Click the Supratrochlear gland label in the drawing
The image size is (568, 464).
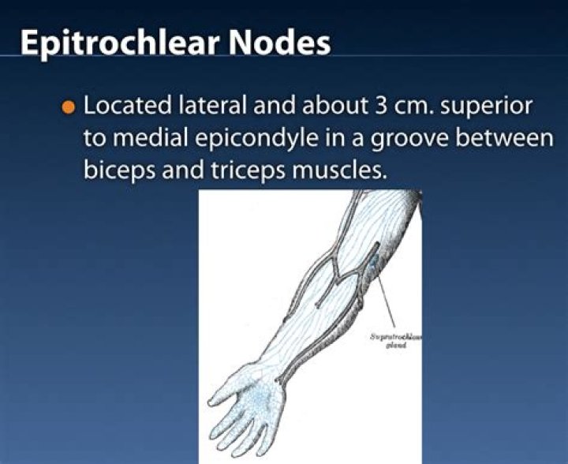pos(396,340)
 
